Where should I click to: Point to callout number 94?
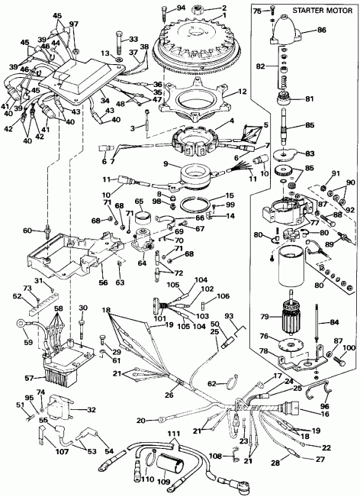click(180, 8)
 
